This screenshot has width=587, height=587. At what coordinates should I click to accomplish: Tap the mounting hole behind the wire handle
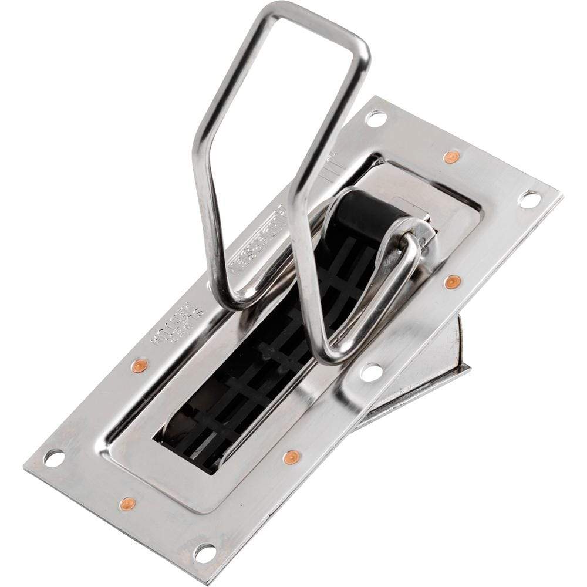375,118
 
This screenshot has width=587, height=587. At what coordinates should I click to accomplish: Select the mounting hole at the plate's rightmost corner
529,199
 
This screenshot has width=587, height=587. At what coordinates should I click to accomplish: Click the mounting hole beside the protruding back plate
371,371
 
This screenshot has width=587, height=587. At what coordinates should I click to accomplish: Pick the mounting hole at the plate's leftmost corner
53,457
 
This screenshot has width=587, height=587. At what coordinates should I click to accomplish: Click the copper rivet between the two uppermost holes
451,157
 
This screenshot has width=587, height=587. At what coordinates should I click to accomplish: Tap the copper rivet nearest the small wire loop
451,282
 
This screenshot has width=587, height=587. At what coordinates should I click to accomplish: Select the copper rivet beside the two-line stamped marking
139,366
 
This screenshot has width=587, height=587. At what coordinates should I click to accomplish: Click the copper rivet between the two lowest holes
127,503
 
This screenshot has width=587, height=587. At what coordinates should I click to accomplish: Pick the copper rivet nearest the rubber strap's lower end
291,456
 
